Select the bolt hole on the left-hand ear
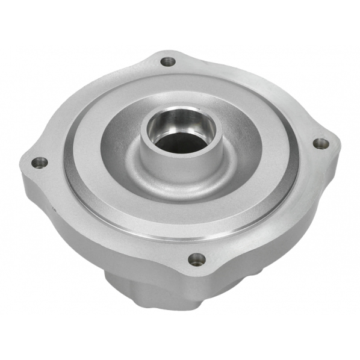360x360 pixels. pyautogui.click(x=39, y=162)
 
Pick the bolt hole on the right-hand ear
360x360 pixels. pyautogui.click(x=321, y=143)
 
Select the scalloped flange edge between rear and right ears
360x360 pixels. pyautogui.click(x=259, y=84)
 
